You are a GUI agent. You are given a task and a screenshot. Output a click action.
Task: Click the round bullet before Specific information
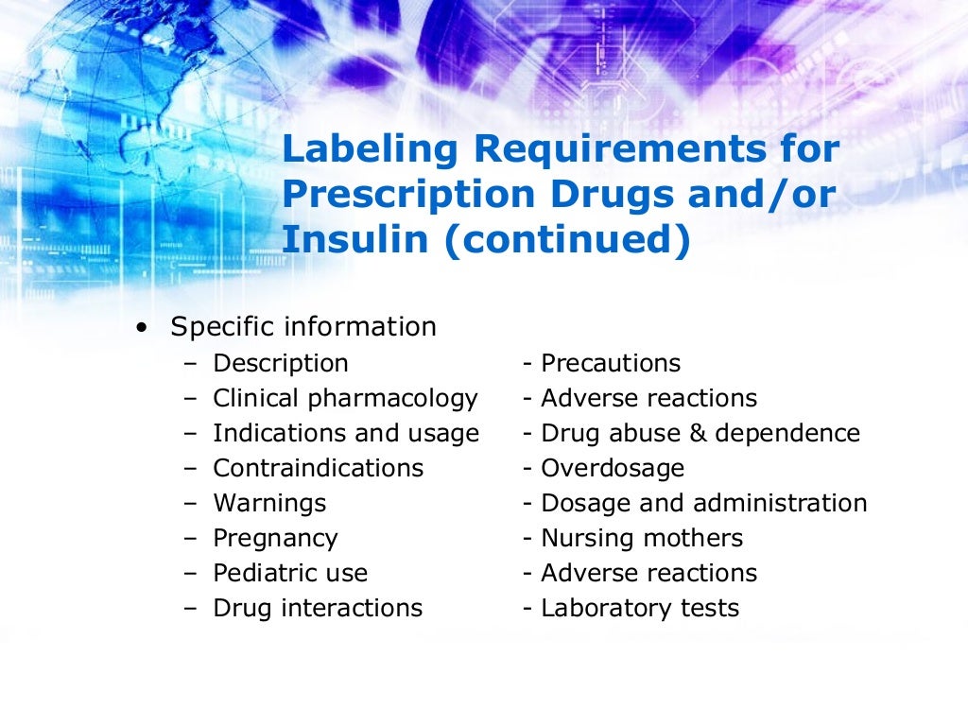click(142, 328)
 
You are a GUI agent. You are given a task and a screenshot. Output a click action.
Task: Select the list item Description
click(281, 363)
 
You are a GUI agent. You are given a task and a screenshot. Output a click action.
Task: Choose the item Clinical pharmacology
click(345, 398)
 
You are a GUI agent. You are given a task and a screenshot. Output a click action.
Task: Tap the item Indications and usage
click(346, 433)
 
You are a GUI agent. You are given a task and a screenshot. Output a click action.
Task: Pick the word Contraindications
click(319, 468)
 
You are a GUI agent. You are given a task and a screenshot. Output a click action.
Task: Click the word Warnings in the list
click(269, 503)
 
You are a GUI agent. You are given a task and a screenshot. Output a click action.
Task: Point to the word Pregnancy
click(275, 538)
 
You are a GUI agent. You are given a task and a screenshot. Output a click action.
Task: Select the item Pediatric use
click(290, 573)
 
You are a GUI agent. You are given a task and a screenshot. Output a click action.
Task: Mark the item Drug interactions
click(318, 608)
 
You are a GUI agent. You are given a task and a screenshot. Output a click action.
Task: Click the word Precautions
click(610, 363)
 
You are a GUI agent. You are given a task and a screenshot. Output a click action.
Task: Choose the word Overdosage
click(612, 468)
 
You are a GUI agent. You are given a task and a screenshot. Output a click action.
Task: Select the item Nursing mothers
click(642, 538)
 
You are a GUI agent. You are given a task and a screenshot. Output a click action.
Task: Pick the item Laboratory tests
click(639, 608)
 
